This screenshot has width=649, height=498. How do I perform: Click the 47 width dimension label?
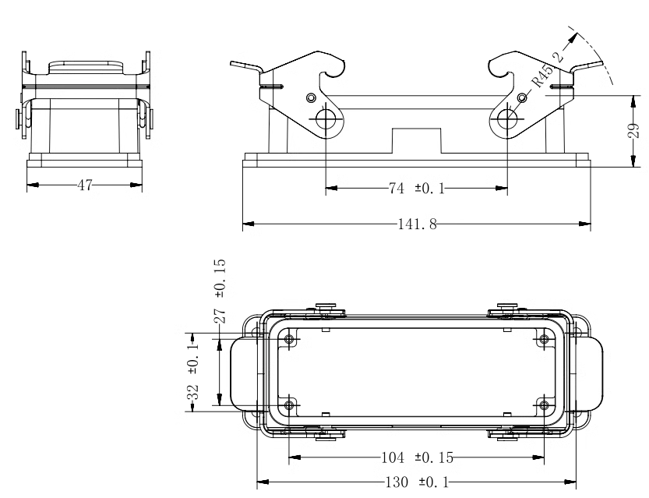(85, 185)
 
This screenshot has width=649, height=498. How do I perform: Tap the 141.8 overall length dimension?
(417, 224)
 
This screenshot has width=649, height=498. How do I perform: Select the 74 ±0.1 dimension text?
(416, 189)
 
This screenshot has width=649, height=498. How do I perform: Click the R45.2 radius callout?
(547, 69)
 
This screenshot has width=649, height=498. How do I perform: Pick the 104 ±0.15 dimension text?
(417, 457)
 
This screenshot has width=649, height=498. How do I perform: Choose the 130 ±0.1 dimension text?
(418, 482)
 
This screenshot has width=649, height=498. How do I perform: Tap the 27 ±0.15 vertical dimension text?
(220, 291)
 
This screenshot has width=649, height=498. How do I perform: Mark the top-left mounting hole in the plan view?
(289, 340)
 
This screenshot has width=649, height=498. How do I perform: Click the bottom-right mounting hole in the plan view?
(544, 405)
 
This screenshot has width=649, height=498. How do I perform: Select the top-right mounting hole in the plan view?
(544, 340)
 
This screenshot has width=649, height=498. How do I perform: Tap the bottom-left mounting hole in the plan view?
(289, 405)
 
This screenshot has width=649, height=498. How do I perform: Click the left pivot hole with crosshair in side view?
(326, 120)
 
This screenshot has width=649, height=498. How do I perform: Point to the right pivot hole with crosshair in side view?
(507, 120)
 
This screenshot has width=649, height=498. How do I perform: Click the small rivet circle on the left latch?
(312, 98)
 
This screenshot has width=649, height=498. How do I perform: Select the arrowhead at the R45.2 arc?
(573, 37)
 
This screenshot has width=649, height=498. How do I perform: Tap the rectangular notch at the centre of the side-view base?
(416, 141)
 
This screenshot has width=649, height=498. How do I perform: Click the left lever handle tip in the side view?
(232, 63)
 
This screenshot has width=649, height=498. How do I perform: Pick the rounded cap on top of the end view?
(86, 68)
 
